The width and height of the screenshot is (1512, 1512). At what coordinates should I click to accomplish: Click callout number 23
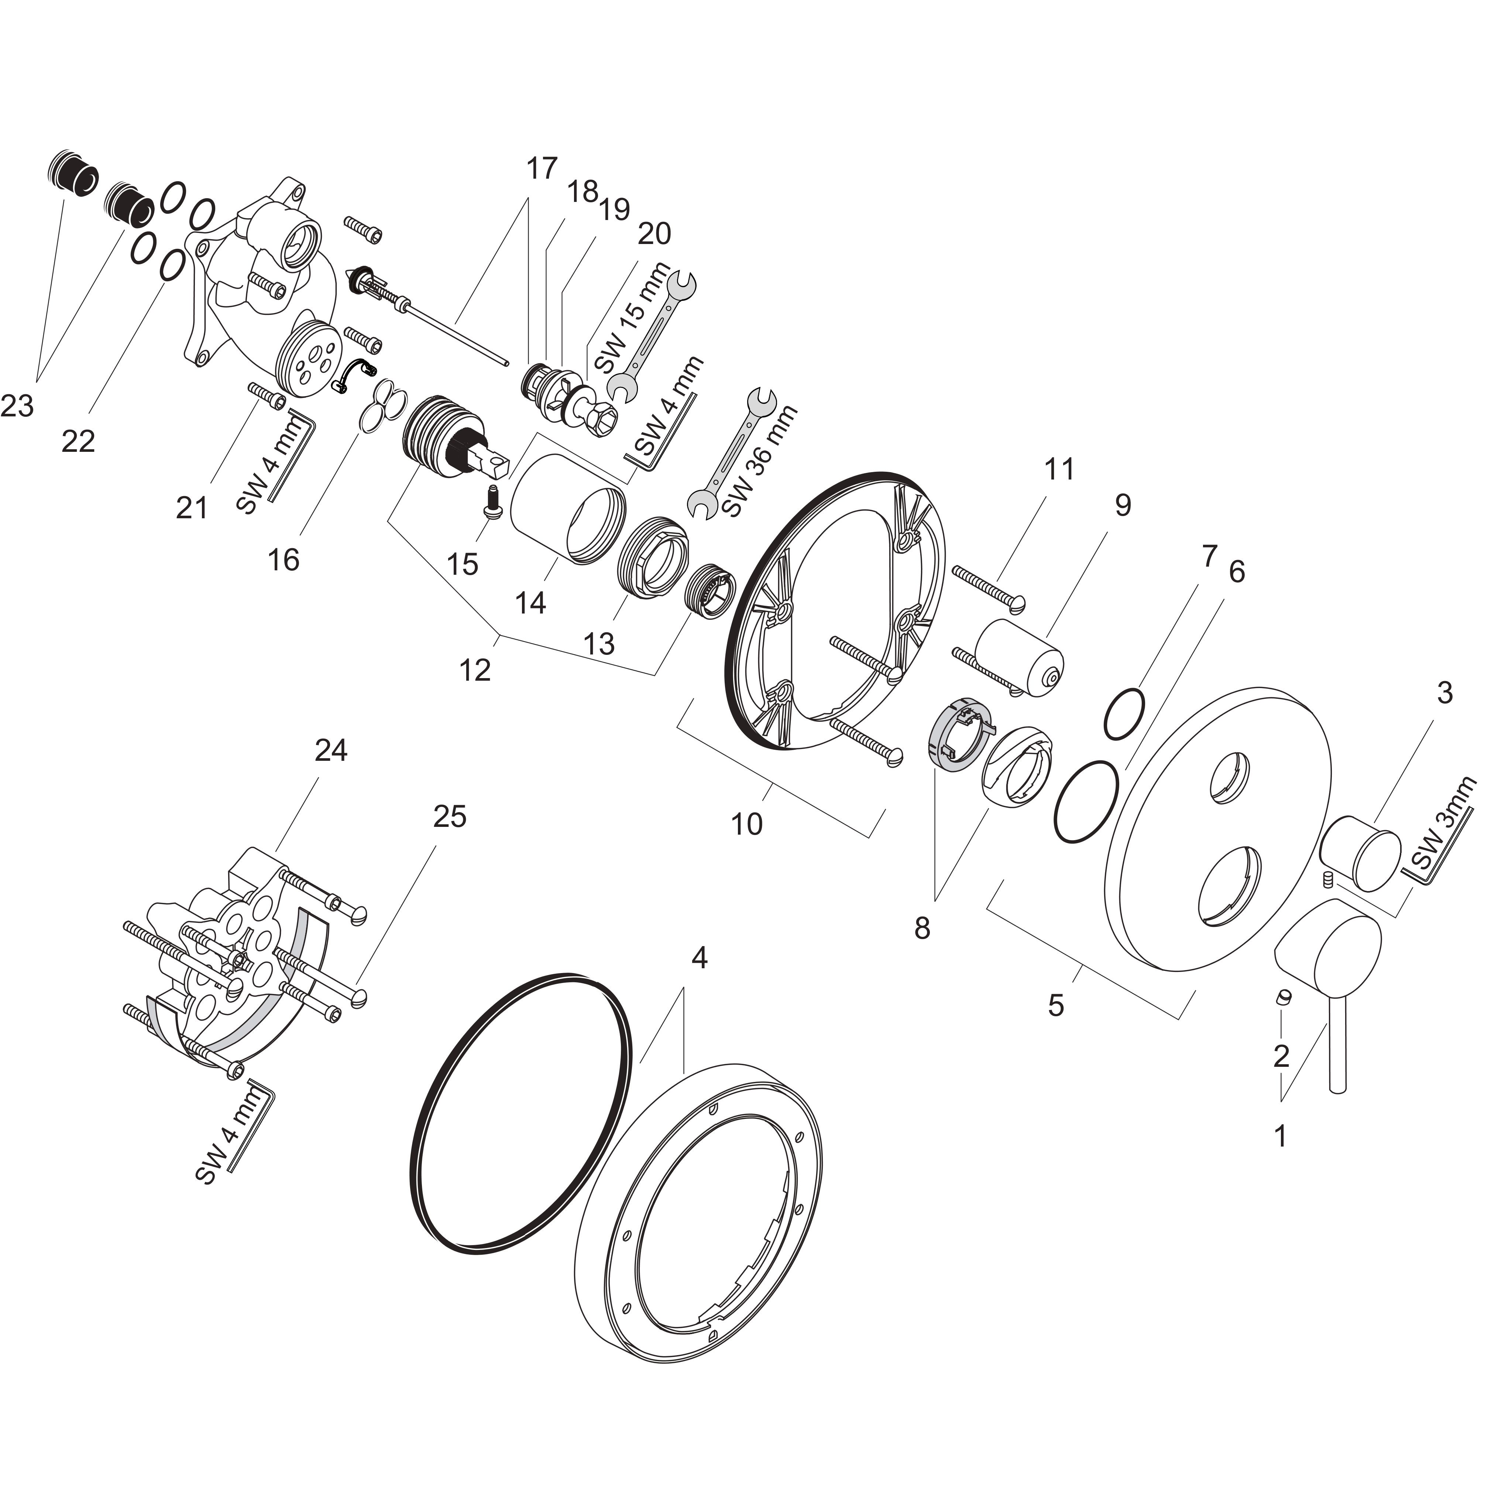click(x=17, y=406)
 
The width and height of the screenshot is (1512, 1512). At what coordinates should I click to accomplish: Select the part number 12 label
click(x=475, y=670)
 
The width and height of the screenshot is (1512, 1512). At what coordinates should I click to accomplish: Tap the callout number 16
click(x=283, y=560)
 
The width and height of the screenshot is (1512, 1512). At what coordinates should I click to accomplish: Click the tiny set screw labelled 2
click(x=1284, y=997)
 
